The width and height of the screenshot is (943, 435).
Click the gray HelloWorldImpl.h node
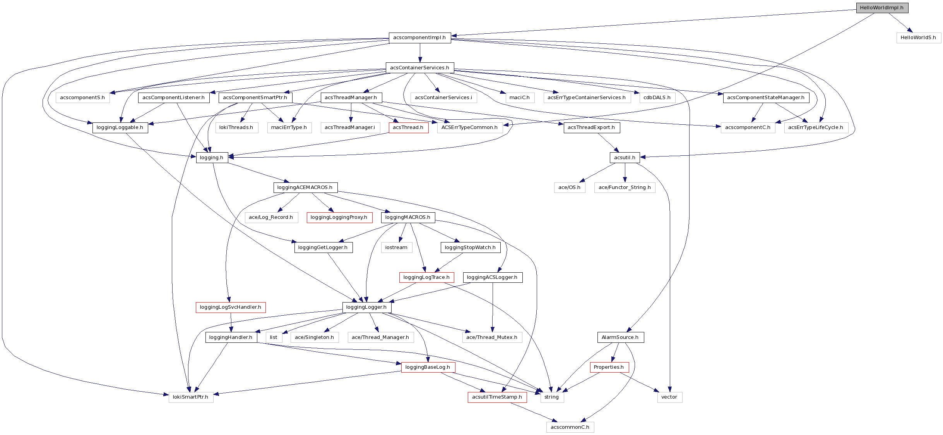[x=882, y=8]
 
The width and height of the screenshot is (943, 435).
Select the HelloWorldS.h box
[x=918, y=38]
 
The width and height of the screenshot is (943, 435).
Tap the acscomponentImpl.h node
[x=419, y=38]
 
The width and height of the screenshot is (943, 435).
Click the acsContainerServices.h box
[x=419, y=68]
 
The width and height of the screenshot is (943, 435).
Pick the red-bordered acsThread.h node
[x=408, y=127]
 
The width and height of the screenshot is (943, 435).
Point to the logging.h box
[x=212, y=158]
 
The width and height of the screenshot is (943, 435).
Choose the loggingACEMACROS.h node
[x=305, y=187]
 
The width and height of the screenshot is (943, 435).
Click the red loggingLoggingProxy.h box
[x=339, y=217]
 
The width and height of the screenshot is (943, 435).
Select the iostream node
[x=396, y=248]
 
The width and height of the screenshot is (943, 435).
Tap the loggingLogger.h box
[x=366, y=307]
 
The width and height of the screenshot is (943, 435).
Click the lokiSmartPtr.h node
[x=190, y=397]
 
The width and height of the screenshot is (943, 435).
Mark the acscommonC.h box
[x=570, y=427]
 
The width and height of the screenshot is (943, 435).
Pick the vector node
[x=669, y=397]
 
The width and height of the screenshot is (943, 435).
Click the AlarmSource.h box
[x=620, y=337]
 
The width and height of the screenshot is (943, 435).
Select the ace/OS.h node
[x=569, y=187]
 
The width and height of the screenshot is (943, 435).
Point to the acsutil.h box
[x=625, y=158]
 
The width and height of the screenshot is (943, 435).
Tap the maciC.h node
[x=520, y=98]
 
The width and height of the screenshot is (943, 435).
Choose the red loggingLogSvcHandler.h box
[x=231, y=307]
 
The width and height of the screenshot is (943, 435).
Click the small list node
[x=274, y=337]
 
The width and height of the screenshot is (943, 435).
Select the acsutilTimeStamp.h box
[x=497, y=397]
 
